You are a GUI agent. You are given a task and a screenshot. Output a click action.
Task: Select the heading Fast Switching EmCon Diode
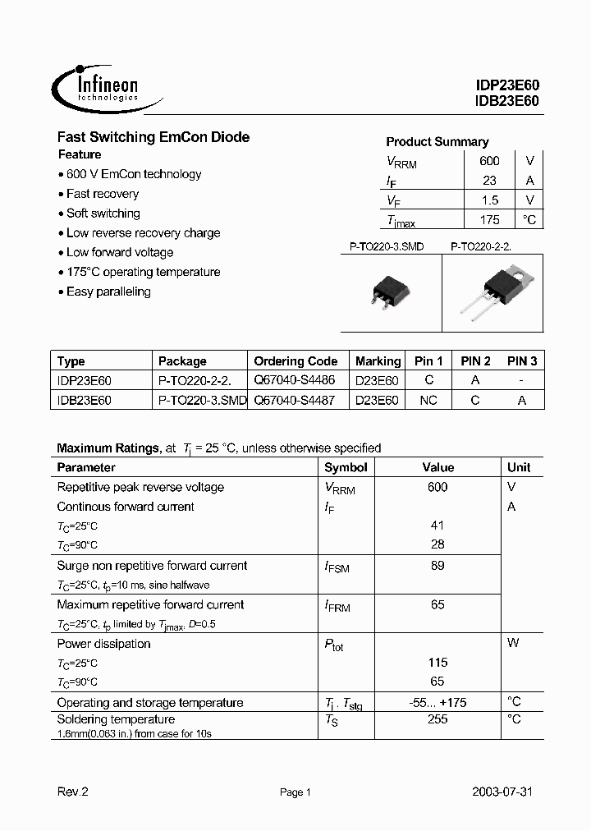click(153, 137)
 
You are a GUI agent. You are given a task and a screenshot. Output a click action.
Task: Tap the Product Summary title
click(437, 141)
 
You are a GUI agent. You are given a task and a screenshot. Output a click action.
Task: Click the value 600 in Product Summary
click(489, 161)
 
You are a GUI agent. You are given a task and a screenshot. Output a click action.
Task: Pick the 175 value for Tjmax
click(489, 220)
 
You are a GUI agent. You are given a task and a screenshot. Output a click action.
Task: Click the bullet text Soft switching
click(103, 213)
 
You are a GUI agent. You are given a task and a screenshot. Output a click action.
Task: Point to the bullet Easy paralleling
click(108, 292)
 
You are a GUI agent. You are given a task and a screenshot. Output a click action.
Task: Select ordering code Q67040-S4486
click(295, 381)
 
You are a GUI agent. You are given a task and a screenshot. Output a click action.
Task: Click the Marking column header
click(378, 361)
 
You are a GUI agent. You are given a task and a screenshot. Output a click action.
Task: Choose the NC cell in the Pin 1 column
click(428, 401)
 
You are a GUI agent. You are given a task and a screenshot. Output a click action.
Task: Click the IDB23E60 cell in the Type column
click(85, 401)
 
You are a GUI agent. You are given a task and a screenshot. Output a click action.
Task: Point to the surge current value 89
click(438, 566)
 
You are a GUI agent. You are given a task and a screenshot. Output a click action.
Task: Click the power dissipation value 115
click(438, 663)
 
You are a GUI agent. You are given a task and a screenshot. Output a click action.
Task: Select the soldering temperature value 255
click(438, 719)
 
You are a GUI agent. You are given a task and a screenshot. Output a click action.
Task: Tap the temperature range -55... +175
click(438, 702)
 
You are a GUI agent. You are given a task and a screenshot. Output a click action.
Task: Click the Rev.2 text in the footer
click(71, 792)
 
